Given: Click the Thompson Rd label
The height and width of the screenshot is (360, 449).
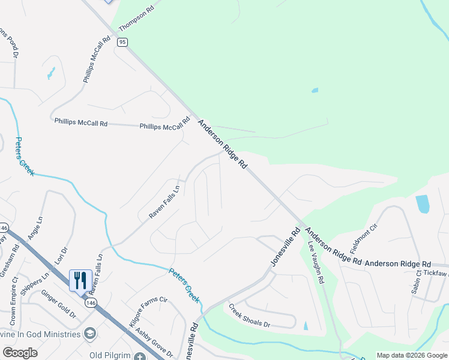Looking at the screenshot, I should pyautogui.click(x=136, y=19).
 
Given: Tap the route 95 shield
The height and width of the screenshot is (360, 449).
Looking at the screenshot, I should pyautogui.click(x=122, y=42).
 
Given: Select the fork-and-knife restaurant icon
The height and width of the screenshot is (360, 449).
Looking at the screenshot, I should pyautogui.click(x=80, y=280).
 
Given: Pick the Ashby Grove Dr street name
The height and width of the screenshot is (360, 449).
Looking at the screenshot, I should pyautogui.click(x=154, y=341).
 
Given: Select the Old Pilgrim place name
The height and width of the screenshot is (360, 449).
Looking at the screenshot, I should pyautogui.click(x=110, y=355).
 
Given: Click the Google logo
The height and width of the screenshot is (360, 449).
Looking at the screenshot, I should pyautogui.click(x=20, y=353).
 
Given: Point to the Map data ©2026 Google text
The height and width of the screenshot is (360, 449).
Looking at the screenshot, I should pyautogui.click(x=411, y=355).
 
